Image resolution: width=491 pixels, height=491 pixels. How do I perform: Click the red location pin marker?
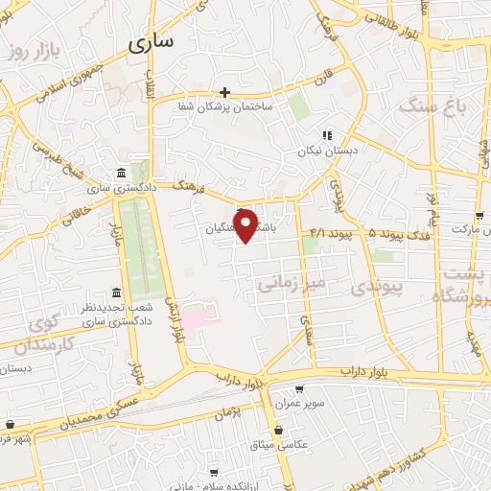click(x=247, y=224)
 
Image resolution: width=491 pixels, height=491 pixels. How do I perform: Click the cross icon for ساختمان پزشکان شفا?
click(x=224, y=93)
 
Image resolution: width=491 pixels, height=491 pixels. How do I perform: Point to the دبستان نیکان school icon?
click(x=326, y=136)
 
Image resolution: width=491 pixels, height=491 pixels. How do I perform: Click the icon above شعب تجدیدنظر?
click(x=116, y=292)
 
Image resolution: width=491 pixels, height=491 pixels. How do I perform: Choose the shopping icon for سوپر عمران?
click(x=299, y=389)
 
